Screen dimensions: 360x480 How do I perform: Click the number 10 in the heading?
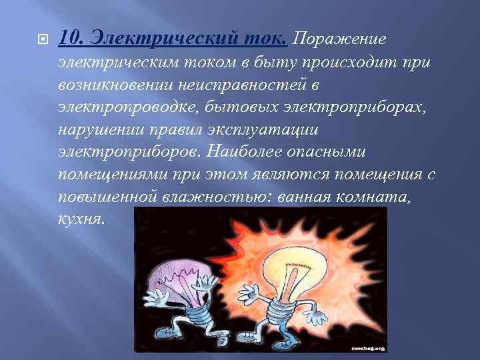pos(68,39)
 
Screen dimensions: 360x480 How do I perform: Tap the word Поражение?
pos(339,39)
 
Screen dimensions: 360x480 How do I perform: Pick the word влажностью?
pos(214,197)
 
